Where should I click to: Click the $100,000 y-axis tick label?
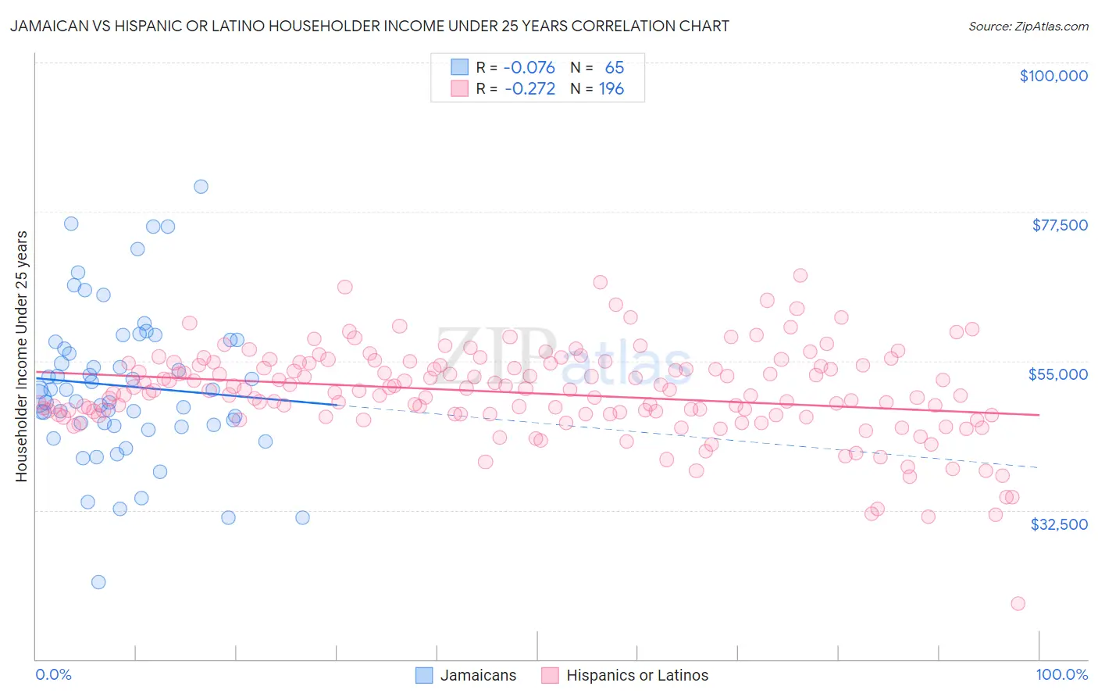(x=1053, y=76)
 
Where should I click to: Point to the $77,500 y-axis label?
(x=1059, y=225)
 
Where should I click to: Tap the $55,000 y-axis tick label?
(x=1057, y=374)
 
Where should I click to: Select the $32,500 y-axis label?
(x=1058, y=524)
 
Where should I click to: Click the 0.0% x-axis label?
(x=53, y=674)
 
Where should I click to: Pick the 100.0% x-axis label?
(x=1061, y=674)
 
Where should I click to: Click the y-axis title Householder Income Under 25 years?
(x=21, y=356)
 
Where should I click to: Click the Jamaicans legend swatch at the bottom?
(x=424, y=675)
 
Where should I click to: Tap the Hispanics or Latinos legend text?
(x=637, y=675)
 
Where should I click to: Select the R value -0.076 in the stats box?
(x=529, y=67)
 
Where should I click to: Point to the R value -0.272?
(x=529, y=89)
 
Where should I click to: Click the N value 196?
(x=611, y=89)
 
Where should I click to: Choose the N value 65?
(x=615, y=67)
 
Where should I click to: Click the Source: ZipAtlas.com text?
(x=1028, y=26)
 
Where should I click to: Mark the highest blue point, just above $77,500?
(x=201, y=186)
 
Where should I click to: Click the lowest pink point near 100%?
(x=1018, y=603)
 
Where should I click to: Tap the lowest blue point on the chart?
(x=98, y=582)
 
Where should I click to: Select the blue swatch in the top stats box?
(x=459, y=67)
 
